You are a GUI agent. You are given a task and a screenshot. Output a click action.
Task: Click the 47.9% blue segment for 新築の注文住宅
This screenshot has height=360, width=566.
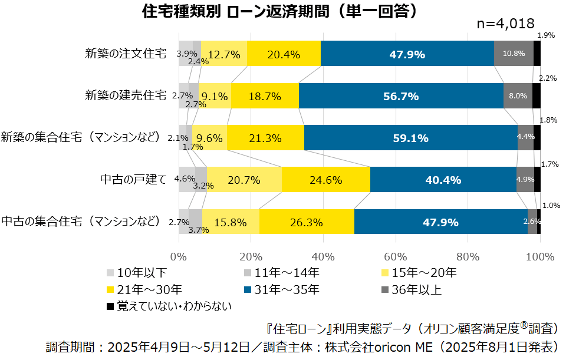[x=407, y=54]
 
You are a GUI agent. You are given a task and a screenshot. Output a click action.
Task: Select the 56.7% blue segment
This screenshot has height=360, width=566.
[x=401, y=96]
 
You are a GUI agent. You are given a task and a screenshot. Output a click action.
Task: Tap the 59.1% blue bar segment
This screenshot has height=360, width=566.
[x=410, y=138]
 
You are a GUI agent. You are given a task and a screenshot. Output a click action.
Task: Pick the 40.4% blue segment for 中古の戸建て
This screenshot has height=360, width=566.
[x=443, y=180]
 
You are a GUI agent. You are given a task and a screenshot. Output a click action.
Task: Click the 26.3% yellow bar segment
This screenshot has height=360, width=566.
[x=307, y=222]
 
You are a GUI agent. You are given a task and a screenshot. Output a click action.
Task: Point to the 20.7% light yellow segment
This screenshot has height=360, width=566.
[x=244, y=180]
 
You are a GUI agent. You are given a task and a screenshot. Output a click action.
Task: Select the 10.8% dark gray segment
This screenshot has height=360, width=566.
[x=514, y=54]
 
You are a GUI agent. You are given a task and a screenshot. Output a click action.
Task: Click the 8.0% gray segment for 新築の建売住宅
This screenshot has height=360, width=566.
[x=518, y=96]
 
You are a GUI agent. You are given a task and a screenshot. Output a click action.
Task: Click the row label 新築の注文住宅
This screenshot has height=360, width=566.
[x=125, y=54]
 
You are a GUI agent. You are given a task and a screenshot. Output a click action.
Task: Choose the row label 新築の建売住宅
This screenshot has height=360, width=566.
[x=125, y=95]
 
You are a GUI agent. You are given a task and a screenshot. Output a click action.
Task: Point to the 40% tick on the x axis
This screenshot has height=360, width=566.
[x=323, y=257]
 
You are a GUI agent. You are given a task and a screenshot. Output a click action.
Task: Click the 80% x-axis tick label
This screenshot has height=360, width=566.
[x=468, y=257]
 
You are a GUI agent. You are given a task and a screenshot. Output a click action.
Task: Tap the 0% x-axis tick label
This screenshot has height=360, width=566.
[x=179, y=257]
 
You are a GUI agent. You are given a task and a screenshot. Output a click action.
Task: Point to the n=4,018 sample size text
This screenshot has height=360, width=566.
[x=505, y=24]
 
